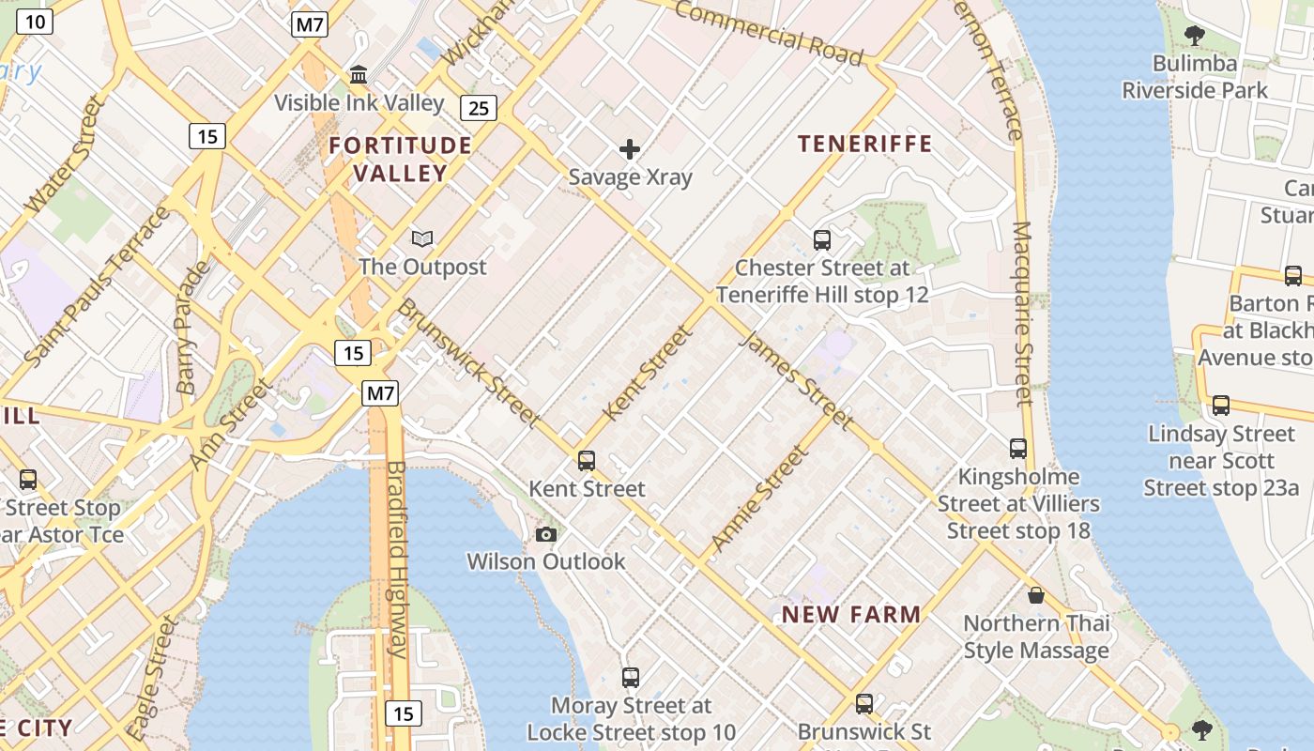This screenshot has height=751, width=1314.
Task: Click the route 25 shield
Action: click(x=479, y=108)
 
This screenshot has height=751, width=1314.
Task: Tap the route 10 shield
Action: click(x=34, y=22)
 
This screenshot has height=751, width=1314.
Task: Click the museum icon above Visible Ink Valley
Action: click(x=359, y=74)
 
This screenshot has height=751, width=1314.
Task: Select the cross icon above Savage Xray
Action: click(x=630, y=149)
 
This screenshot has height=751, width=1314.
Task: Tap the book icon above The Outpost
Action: click(x=423, y=239)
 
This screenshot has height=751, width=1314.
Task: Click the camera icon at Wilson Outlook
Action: click(x=545, y=534)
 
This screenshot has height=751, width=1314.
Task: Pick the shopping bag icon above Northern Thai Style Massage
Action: click(x=1036, y=595)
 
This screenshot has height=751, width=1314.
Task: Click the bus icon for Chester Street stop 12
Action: click(x=822, y=240)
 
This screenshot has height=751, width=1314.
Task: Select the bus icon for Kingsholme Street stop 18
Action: click(x=1018, y=449)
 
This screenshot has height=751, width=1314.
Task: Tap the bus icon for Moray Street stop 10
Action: click(x=631, y=677)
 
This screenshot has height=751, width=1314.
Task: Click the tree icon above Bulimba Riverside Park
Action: click(x=1195, y=37)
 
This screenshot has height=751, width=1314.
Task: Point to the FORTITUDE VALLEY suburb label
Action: click(x=400, y=159)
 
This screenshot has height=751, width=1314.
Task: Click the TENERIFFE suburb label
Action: click(x=864, y=144)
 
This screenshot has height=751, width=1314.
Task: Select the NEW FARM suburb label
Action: click(x=851, y=615)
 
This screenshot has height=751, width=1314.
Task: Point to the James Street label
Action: click(x=796, y=379)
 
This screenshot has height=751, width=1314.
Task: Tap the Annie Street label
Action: click(x=759, y=498)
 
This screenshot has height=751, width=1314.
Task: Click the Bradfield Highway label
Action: click(x=397, y=559)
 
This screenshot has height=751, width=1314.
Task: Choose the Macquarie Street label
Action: click(x=1023, y=314)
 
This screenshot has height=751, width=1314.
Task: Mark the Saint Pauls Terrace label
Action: click(x=98, y=284)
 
